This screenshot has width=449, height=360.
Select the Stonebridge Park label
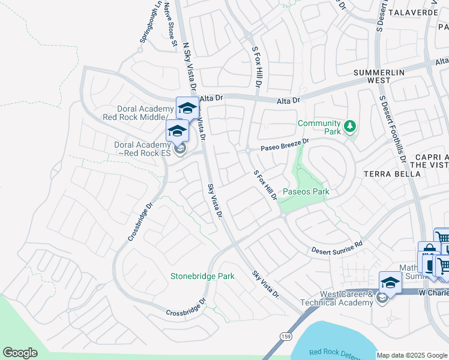tap(202, 276)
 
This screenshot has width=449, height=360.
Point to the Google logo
tap(20, 353)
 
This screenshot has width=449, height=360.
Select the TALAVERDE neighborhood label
tap(415, 11)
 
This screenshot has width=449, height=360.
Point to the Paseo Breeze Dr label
tap(284, 145)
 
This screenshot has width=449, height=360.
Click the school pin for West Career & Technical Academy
tap(390, 281)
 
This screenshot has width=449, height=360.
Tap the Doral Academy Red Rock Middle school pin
tap(187, 108)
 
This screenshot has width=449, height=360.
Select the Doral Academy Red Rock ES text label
tap(143, 148)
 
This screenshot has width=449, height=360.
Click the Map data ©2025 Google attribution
tap(412, 355)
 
